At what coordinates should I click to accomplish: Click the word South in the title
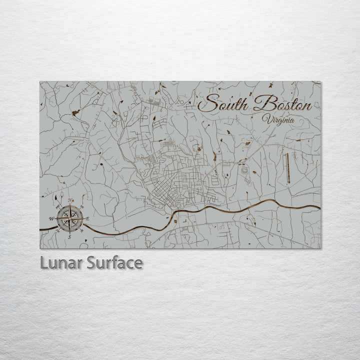click(x=224, y=104)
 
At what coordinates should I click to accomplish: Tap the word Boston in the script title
click(x=282, y=104)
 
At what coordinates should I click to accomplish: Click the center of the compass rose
click(x=69, y=218)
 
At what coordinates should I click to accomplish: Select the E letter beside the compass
click(x=87, y=219)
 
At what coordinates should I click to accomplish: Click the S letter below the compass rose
click(x=69, y=236)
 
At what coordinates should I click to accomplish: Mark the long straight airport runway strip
click(x=287, y=168)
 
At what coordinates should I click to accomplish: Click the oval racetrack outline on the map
click(x=244, y=169)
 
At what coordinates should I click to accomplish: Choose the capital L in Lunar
click(x=44, y=263)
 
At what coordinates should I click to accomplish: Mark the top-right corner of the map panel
click(x=320, y=81)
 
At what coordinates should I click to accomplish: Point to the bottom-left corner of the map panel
click(x=40, y=248)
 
